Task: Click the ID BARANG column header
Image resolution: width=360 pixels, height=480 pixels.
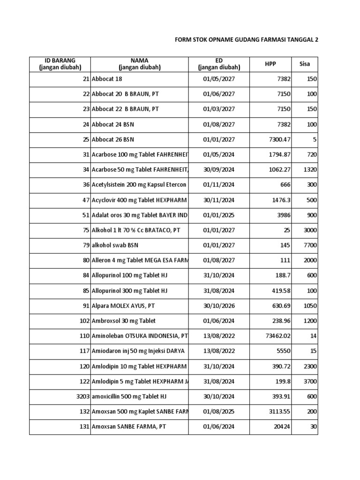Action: [x=60, y=64]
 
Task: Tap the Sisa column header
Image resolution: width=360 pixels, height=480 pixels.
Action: [x=304, y=64]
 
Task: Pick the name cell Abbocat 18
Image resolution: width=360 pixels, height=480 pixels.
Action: [x=107, y=79]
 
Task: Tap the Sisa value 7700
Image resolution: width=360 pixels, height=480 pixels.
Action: [x=310, y=245]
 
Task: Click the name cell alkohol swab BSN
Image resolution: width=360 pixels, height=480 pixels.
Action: [x=115, y=245]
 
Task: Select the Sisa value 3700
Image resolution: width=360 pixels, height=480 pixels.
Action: [x=310, y=382]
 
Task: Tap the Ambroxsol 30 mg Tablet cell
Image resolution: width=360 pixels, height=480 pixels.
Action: [x=124, y=321]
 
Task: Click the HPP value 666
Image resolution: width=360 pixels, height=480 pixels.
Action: [x=285, y=185]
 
